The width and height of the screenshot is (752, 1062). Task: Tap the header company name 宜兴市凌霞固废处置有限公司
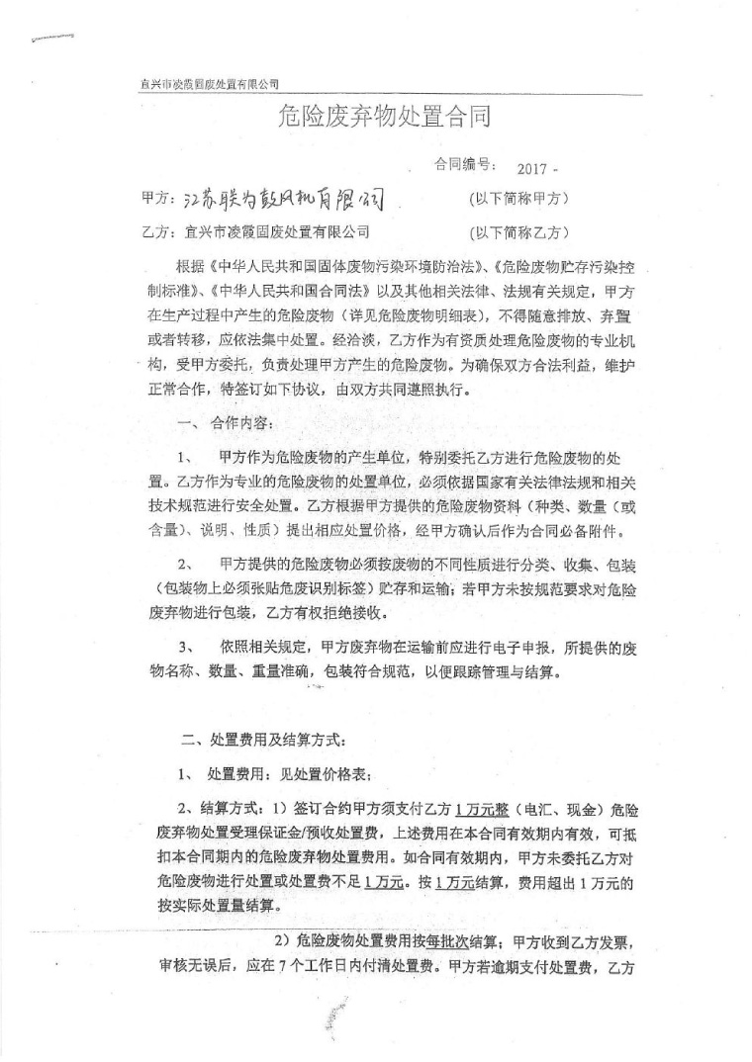209,85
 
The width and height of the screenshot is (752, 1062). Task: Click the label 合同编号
464,166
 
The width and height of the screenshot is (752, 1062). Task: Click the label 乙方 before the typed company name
157,233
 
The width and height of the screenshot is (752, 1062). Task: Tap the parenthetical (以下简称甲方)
518,199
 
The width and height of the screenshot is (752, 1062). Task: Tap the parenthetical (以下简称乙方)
518,233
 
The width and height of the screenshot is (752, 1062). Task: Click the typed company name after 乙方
276,233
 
